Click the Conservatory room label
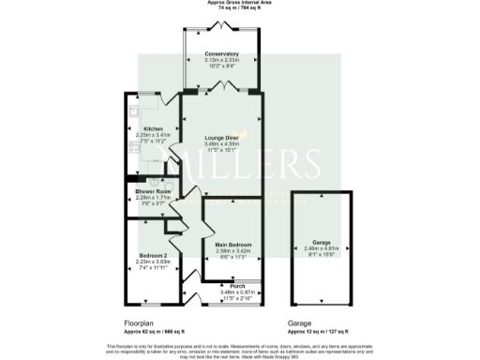(221, 54)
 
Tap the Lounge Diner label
(221, 137)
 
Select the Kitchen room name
(153, 128)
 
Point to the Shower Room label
(151, 191)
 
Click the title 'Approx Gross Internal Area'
(239, 3)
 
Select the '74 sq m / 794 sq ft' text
(239, 9)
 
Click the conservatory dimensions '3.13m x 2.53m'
(221, 60)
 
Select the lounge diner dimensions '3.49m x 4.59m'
(221, 142)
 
